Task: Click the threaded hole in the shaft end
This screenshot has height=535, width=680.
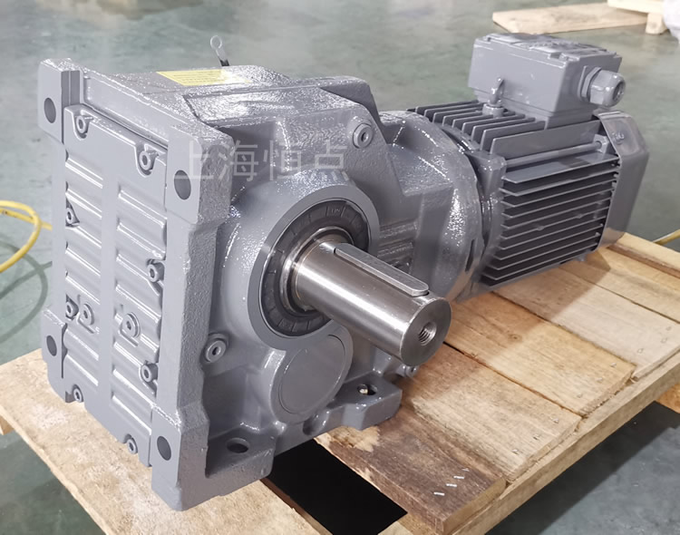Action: pyautogui.click(x=436, y=324)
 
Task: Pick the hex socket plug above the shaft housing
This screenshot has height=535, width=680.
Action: pyautogui.click(x=364, y=136)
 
